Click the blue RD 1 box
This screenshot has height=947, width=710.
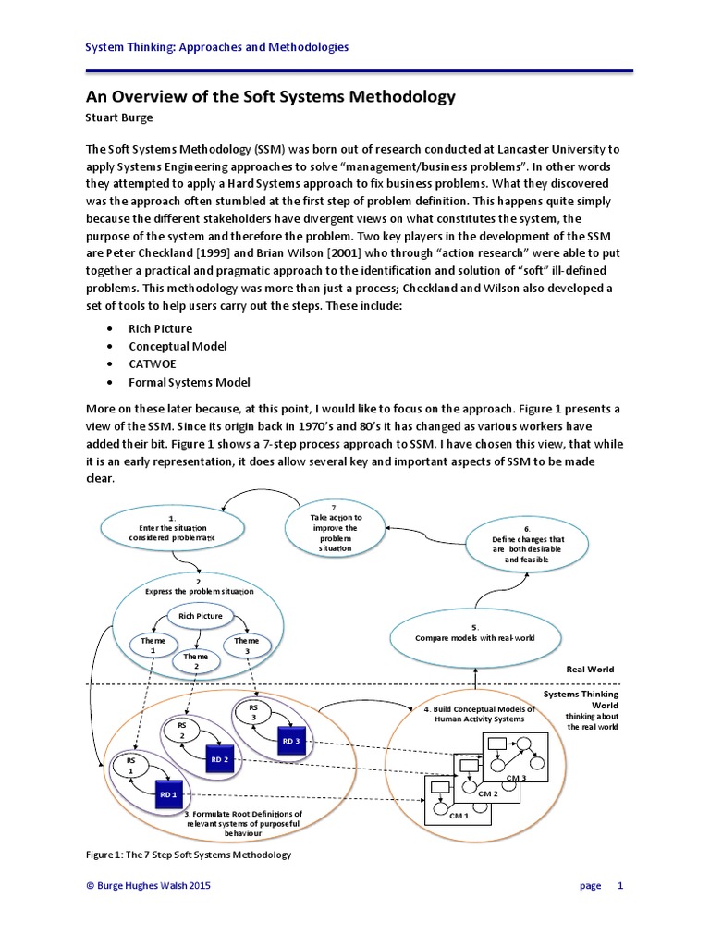[x=167, y=794]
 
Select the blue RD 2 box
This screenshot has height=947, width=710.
[x=218, y=759]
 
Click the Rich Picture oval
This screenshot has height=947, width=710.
[x=201, y=616]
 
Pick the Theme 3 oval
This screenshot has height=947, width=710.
[x=246, y=645]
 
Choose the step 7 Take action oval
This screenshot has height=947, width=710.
[x=336, y=528]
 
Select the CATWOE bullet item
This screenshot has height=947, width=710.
[x=154, y=364]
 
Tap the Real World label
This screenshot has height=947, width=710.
[x=590, y=669]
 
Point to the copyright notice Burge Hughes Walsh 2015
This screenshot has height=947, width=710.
[x=149, y=886]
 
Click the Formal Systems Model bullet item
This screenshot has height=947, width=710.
[x=189, y=382]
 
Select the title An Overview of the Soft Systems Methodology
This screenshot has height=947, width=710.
[x=271, y=97]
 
